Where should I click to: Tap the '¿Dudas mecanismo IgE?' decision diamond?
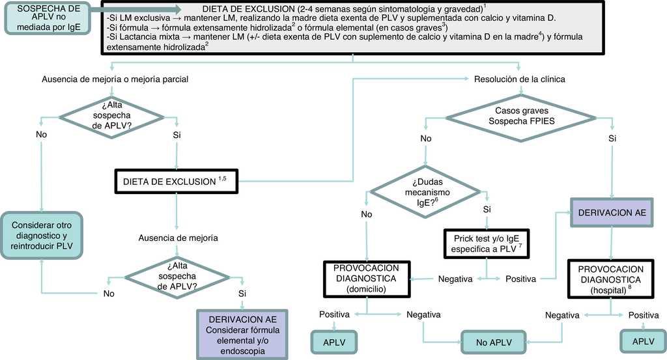(427, 193)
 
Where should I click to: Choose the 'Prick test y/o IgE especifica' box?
(487, 244)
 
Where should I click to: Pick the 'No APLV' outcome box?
(493, 341)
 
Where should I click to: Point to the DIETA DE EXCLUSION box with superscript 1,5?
(177, 181)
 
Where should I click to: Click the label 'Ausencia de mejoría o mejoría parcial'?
(115, 79)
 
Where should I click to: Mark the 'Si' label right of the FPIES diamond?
(612, 139)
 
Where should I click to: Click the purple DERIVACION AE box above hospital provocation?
(612, 213)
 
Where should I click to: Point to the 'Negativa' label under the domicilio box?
(423, 315)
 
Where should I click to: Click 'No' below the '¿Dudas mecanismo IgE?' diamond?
(367, 213)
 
